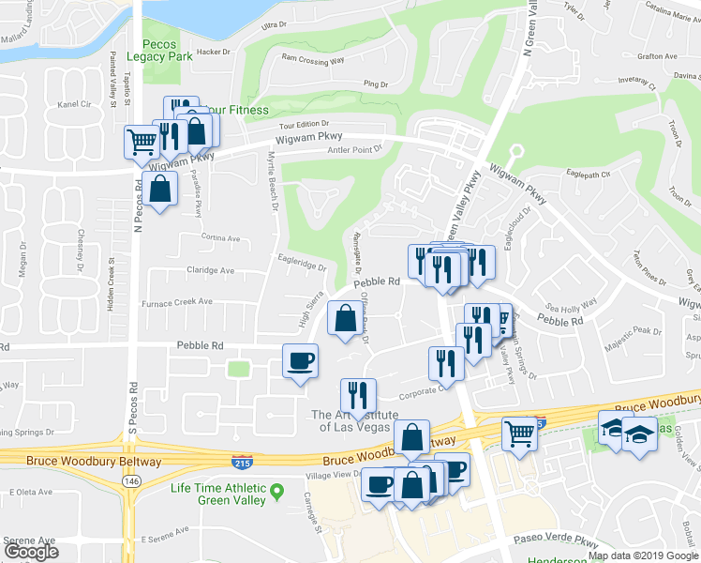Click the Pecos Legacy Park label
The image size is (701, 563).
click(167, 51)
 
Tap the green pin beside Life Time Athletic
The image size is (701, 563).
click(277, 491)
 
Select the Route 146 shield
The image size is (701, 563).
click(127, 479)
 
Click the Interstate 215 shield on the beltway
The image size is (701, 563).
click(241, 461)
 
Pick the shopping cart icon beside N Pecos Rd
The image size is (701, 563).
click(142, 143)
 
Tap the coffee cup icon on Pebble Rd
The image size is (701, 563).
click(300, 360)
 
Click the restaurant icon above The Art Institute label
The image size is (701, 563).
click(358, 395)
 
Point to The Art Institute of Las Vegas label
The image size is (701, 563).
click(354, 420)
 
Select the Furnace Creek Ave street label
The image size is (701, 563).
click(176, 302)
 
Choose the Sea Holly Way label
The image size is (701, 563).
click(572, 305)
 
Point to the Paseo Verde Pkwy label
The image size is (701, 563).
click(557, 542)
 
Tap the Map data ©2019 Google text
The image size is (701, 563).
click(642, 555)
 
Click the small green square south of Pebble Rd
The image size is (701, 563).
click(238, 368)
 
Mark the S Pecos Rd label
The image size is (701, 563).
click(132, 399)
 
